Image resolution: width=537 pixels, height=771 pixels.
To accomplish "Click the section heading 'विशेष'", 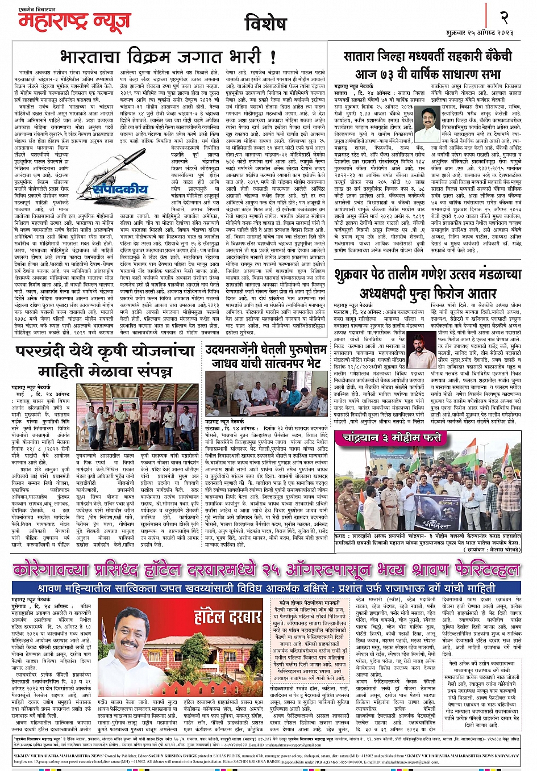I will [x=265, y=24].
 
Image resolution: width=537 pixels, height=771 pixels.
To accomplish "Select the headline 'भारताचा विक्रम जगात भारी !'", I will [x=168, y=57].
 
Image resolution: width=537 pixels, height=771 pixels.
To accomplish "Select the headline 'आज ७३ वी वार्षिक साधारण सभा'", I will [x=428, y=74].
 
